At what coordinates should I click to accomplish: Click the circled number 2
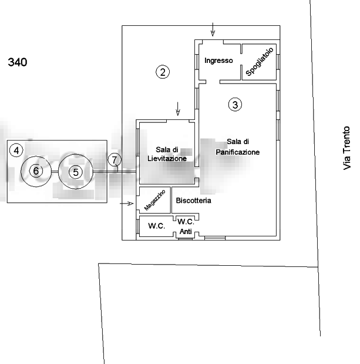pos(163,72)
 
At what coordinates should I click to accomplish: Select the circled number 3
pos(234,105)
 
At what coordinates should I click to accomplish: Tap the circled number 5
pos(75,172)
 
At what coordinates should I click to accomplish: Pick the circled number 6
pos(36,171)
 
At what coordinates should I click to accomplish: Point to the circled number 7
pos(115,160)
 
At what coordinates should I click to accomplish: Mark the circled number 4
pos(16,151)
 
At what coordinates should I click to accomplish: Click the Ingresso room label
pos(219,61)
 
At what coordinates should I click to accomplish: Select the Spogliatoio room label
pos(259,62)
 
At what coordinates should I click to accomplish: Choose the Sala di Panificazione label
pos(237,147)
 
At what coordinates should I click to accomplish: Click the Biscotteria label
pos(193,201)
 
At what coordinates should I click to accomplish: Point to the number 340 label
pos(18,62)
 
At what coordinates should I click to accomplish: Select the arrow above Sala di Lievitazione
pos(178,109)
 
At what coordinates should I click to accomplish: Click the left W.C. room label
pos(156,226)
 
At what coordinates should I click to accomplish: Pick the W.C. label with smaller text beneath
pos(186,225)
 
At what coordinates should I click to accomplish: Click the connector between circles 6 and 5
pos(55,172)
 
